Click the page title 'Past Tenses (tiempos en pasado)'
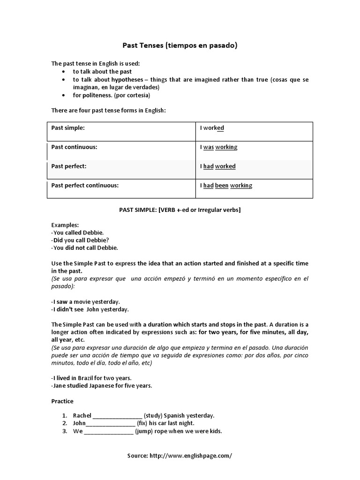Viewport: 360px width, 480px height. point(180,45)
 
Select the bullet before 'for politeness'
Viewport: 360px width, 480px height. point(64,95)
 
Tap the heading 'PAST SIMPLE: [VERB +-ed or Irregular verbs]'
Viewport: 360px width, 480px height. point(180,210)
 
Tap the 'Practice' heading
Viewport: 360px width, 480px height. point(62,401)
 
